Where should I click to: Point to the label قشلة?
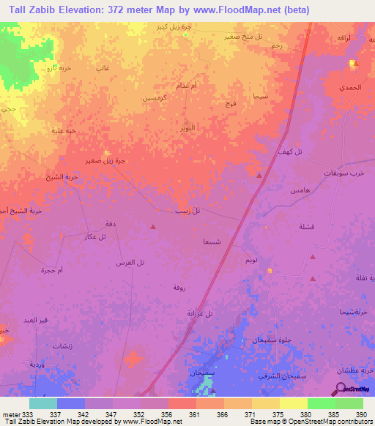[307, 227]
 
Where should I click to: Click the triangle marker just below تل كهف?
[259, 176]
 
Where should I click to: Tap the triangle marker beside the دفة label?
[152, 226]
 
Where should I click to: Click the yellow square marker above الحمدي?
[352, 63]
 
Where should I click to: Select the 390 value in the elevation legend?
[360, 414]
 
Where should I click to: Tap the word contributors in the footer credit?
[354, 422]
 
